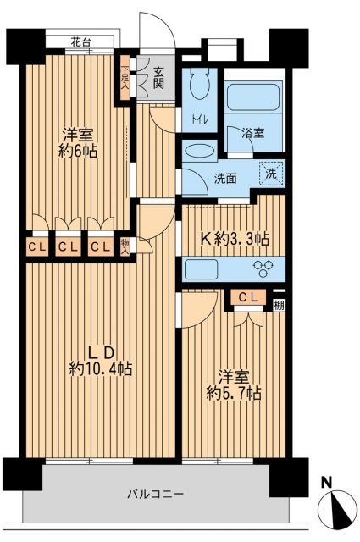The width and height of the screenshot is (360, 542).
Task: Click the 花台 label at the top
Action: click(81, 41)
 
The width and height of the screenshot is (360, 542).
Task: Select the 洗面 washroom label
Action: click(224, 179)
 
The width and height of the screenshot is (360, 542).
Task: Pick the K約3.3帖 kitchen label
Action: click(234, 239)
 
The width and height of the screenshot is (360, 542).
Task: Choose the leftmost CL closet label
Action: click(36, 247)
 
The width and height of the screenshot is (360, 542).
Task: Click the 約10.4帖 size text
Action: click(101, 368)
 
